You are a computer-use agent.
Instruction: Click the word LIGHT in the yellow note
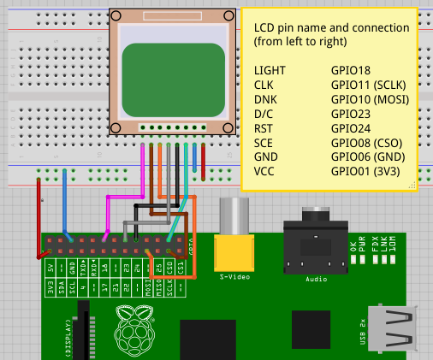click(270, 70)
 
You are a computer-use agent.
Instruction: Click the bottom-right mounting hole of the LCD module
click(228, 127)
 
